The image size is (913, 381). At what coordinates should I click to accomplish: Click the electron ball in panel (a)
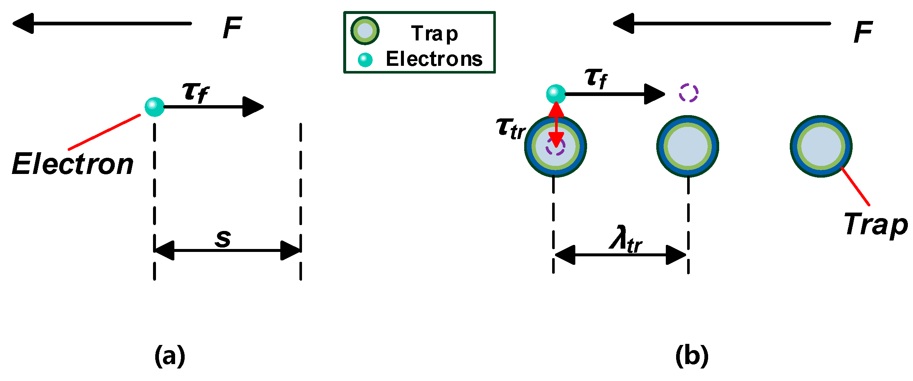154,107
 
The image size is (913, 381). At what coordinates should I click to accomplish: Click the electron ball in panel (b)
556,94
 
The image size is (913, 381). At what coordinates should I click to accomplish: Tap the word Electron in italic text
73,164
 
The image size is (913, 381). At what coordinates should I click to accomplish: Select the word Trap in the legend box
434,34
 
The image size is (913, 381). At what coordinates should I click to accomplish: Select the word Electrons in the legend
434,59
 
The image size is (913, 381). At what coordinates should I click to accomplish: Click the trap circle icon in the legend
365,31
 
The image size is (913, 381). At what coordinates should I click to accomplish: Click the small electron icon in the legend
365,60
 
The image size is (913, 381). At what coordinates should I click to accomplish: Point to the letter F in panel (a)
232,28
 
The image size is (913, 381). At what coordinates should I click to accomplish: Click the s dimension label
223,238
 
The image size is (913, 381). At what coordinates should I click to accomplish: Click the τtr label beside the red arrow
511,129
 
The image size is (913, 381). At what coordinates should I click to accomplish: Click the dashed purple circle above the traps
688,93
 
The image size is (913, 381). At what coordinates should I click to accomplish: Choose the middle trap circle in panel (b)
688,146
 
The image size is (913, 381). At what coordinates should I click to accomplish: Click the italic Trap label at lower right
875,225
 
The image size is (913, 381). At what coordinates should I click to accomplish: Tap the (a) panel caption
170,356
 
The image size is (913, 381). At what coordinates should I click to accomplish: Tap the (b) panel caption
692,356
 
